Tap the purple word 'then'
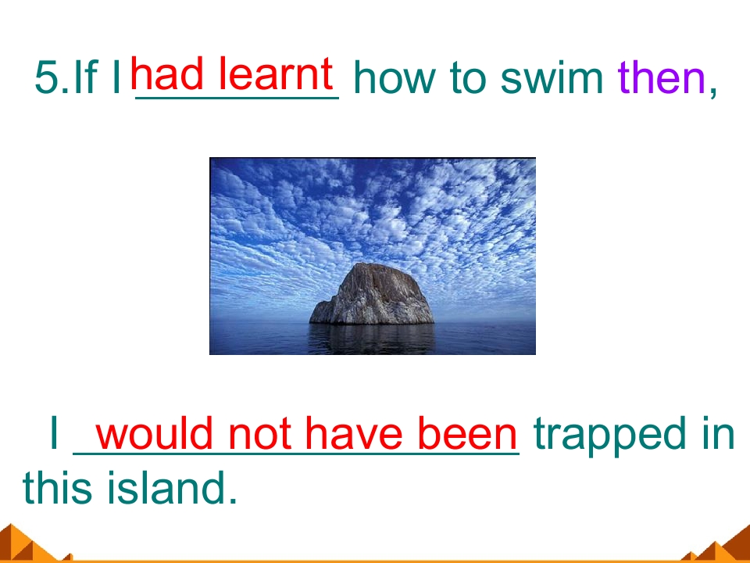(661, 78)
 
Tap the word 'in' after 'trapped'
(718, 435)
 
